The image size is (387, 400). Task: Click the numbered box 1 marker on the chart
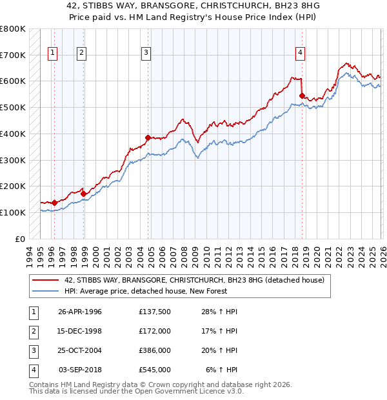52,54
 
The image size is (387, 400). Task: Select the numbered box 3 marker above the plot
146,54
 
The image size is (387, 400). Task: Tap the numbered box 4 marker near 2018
301,54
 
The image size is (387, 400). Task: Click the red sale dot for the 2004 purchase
148,137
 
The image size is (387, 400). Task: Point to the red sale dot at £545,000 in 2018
302,96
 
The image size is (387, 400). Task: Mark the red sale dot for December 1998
84,193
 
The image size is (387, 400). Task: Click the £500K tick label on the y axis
12,108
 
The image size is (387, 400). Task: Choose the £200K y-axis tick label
12,186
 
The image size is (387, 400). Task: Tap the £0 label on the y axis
19,239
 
